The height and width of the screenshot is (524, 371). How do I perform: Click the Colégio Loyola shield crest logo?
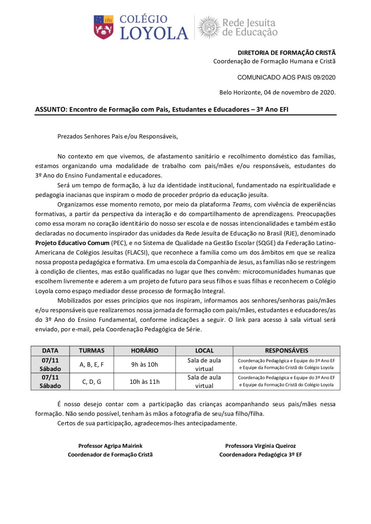tap(104, 27)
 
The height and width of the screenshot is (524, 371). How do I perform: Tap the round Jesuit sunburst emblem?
tap(209, 27)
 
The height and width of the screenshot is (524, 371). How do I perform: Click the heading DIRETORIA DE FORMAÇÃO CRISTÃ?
tap(286, 53)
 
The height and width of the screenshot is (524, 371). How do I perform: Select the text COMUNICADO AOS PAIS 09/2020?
tap(286, 77)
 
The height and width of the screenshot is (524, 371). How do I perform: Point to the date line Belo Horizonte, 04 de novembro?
tap(277, 93)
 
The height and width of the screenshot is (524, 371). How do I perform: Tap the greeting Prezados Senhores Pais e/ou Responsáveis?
tap(117, 136)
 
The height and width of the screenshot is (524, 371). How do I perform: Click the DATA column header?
tap(50, 351)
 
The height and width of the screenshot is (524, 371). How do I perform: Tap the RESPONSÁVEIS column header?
tap(286, 351)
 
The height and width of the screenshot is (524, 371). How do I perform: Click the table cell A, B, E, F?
tap(92, 364)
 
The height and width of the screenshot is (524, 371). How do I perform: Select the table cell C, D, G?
tap(92, 381)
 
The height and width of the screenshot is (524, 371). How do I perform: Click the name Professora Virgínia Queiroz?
tap(260, 445)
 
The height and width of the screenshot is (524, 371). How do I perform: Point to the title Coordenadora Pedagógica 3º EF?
tap(260, 454)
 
